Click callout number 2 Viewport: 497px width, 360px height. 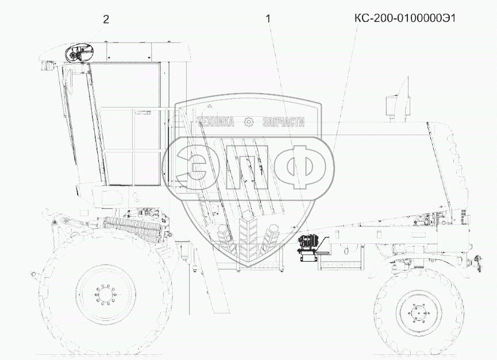(x=106, y=20)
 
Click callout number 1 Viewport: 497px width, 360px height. (x=268, y=19)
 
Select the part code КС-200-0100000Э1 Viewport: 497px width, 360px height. (x=405, y=18)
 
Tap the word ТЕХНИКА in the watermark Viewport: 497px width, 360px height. (x=216, y=122)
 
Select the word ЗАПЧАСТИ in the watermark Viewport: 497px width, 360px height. (x=284, y=122)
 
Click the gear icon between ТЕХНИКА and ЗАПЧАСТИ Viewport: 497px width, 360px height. (x=249, y=122)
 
